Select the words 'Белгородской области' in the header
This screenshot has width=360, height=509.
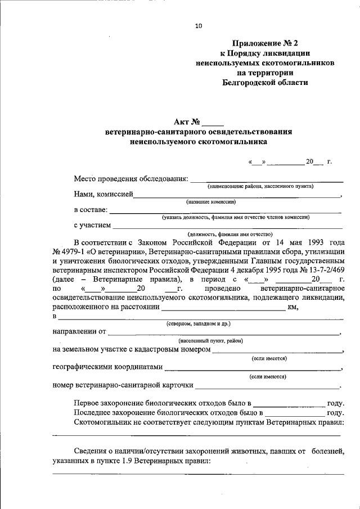point(265,82)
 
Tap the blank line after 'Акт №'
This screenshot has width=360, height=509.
point(213,121)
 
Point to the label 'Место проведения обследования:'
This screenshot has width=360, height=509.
point(131,179)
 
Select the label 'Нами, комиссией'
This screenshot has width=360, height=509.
point(103,194)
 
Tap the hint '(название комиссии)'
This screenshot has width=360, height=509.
point(211,201)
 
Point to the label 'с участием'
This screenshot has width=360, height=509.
point(92,226)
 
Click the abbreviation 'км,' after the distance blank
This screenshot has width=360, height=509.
point(292,307)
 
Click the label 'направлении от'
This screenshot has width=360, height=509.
point(79,332)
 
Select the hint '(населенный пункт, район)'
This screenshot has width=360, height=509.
point(211,341)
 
